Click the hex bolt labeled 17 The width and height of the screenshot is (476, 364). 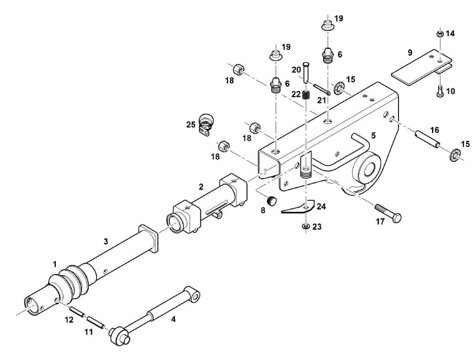[x=388, y=213]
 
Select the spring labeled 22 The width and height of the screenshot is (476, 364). [x=306, y=95]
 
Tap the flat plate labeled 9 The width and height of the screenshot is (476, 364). [x=421, y=67]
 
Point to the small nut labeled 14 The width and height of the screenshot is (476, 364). [x=440, y=34]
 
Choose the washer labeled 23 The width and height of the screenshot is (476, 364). [x=306, y=226]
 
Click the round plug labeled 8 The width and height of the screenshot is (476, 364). [x=271, y=200]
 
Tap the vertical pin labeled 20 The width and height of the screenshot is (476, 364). [x=306, y=71]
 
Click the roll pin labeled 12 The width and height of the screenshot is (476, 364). [x=76, y=312]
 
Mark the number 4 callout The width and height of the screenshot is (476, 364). [x=173, y=319]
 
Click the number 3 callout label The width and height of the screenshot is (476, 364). [x=106, y=242]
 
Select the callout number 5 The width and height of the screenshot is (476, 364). [x=374, y=135]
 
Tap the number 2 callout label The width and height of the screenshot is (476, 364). [x=201, y=186]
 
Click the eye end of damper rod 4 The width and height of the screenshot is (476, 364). [x=193, y=294]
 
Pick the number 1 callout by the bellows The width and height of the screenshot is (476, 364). [x=55, y=264]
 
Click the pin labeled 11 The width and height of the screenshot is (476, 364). [x=96, y=322]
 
